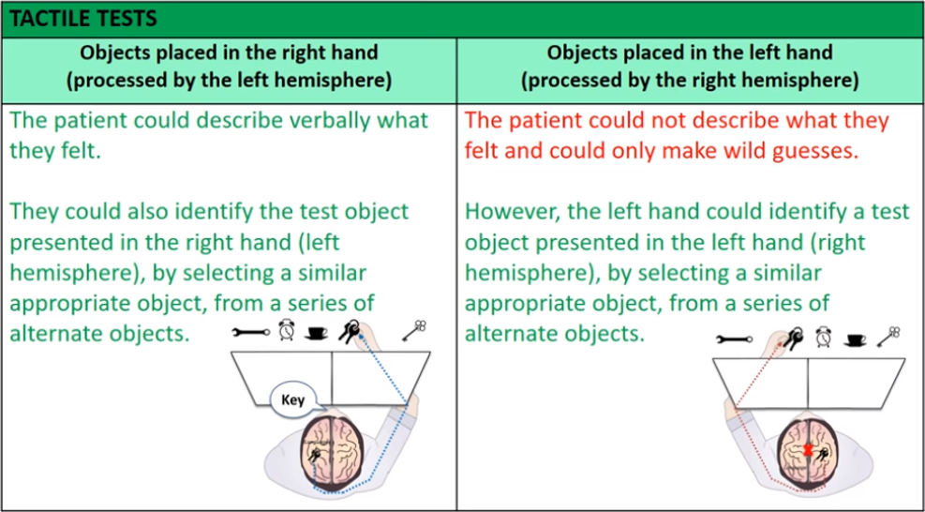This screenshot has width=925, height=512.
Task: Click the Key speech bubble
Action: (293, 399)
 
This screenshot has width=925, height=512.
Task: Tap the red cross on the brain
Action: (807, 453)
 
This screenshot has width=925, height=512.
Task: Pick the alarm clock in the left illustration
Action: (286, 331)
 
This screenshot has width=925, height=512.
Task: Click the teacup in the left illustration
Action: (317, 332)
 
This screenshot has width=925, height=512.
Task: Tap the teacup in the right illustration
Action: (856, 339)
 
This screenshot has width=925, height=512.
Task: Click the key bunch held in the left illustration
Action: (354, 330)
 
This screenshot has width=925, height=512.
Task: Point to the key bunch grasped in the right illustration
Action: (792, 337)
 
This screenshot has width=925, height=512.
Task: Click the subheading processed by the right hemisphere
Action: (690, 81)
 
